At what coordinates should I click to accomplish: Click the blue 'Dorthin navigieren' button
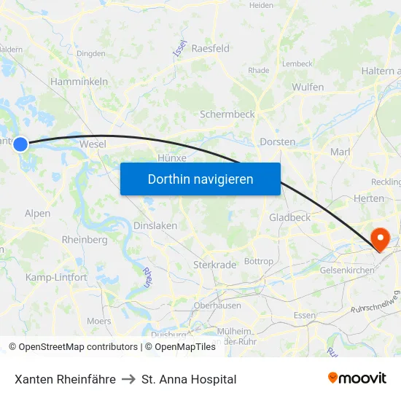[x=200, y=179]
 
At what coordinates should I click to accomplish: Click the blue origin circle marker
[x=20, y=144]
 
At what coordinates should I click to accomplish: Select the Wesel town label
[x=93, y=144]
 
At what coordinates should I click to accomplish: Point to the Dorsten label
[x=278, y=142]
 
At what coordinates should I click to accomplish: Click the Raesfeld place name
[x=210, y=48]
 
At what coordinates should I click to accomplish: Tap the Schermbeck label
[x=227, y=114]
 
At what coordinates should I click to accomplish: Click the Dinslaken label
[x=155, y=226]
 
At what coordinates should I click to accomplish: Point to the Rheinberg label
[x=85, y=239]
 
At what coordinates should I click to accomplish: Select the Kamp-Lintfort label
[x=56, y=277]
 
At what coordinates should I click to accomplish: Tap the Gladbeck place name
[x=289, y=217]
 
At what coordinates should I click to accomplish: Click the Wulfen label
[x=308, y=87]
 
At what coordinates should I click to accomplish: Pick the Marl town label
[x=340, y=152]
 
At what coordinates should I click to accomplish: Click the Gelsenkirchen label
[x=347, y=270]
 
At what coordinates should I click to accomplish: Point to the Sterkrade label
[x=214, y=265]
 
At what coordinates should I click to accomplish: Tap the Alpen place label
[x=38, y=214]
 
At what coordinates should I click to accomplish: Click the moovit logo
[x=357, y=378]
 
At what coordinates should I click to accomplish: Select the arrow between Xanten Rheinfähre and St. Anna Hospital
[x=129, y=379]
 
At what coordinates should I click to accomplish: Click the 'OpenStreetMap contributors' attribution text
[x=77, y=347]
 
